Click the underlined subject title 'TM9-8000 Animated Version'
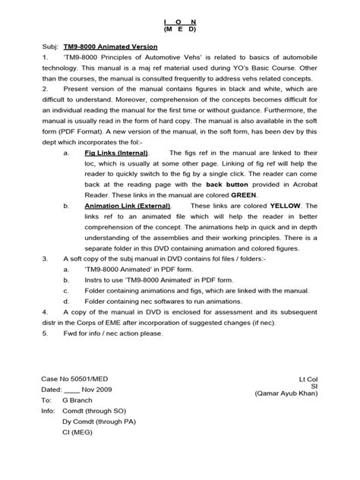(109, 46)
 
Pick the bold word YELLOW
(300, 206)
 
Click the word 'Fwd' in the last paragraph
(71, 333)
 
